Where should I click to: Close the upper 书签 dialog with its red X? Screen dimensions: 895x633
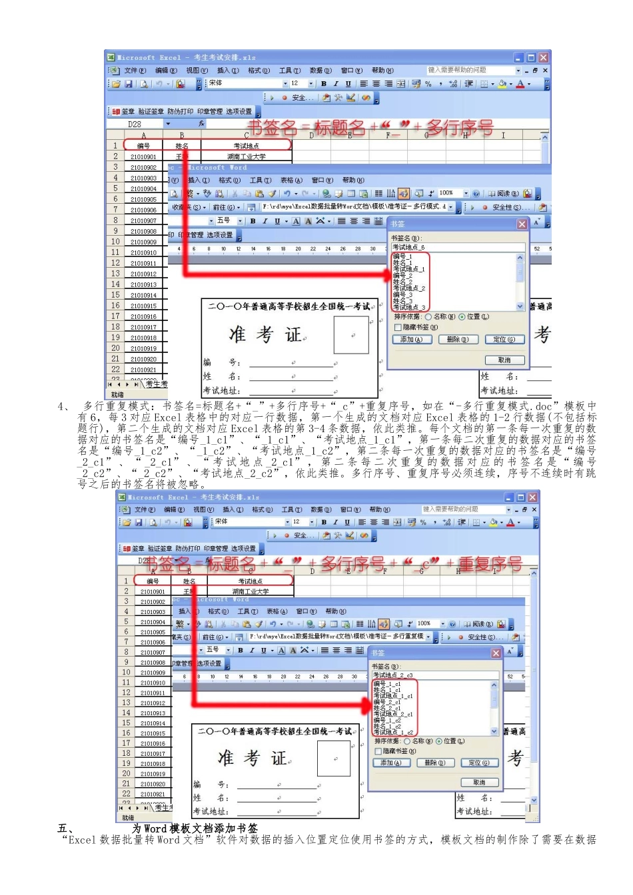point(522,224)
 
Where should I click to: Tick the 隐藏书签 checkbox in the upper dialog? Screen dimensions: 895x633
point(398,328)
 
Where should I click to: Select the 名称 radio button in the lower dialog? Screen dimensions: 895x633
point(407,741)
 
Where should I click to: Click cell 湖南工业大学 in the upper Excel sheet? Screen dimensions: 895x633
point(246,157)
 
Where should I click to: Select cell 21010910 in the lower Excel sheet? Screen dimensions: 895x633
point(153,683)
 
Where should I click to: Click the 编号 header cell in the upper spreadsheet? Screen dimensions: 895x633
point(143,146)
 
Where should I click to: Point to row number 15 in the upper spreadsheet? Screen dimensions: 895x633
point(115,295)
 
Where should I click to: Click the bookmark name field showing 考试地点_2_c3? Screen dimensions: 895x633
point(433,675)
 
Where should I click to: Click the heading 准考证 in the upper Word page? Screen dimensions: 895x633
point(265,334)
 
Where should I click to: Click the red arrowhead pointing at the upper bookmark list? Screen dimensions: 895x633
point(388,276)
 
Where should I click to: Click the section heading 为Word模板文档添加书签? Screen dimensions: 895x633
point(195,828)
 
